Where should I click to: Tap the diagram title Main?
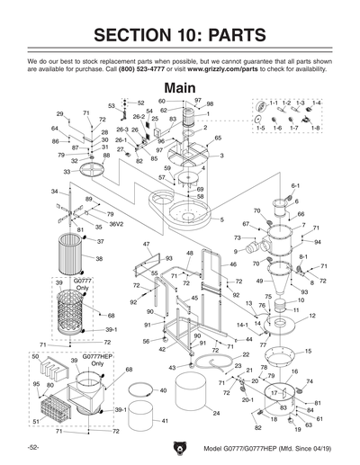180,87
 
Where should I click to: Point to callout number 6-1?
294,185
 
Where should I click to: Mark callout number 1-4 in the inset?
316,103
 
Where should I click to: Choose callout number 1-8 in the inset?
316,129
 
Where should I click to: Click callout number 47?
146,244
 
